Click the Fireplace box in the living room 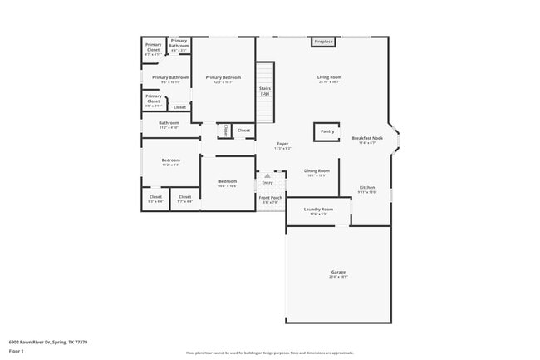pyautogui.click(x=323, y=42)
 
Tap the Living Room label pyautogui.click(x=329, y=78)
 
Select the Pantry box pyautogui.click(x=326, y=131)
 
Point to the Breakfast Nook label pyautogui.click(x=366, y=138)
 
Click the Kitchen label pyautogui.click(x=366, y=188)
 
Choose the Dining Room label pyautogui.click(x=317, y=171)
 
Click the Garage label pyautogui.click(x=338, y=273)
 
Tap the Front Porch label pyautogui.click(x=271, y=198)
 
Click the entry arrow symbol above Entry pyautogui.click(x=268, y=175)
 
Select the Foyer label pyautogui.click(x=282, y=144)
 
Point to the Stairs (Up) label pyautogui.click(x=264, y=90)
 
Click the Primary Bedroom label pyautogui.click(x=223, y=78)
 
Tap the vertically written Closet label pyautogui.click(x=225, y=131)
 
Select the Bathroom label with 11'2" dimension pyautogui.click(x=169, y=124)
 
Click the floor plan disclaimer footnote pyautogui.click(x=270, y=353)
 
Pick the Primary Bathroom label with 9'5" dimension pyautogui.click(x=170, y=78)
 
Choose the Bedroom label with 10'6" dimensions pyautogui.click(x=228, y=182)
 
